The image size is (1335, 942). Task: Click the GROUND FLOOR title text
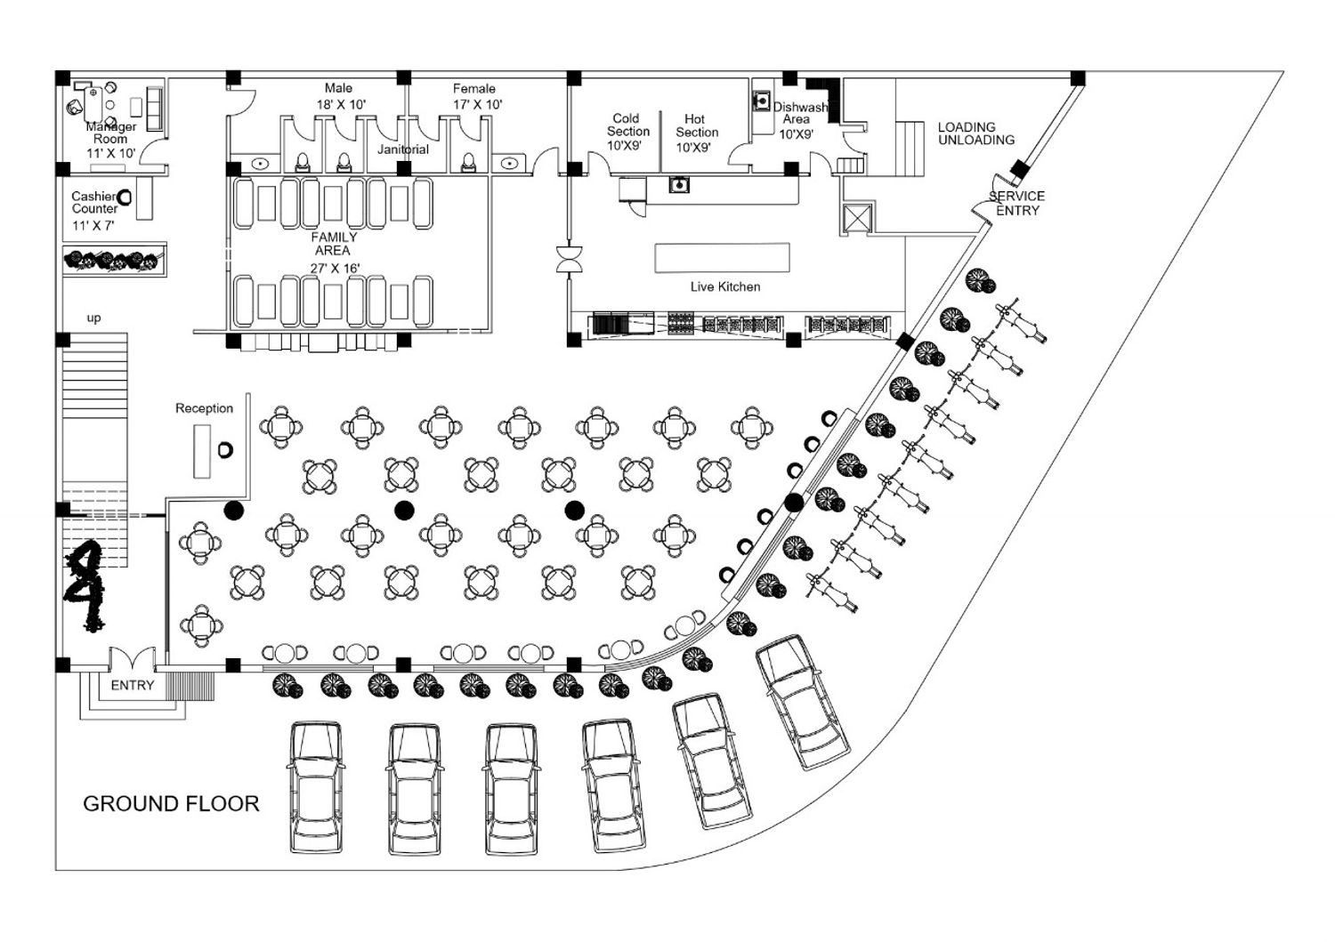coord(171,804)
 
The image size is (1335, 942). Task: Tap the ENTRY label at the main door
coord(133,686)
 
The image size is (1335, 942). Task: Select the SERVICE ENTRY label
coord(1017,203)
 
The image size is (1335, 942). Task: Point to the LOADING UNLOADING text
coord(975,133)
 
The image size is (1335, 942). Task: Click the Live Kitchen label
coord(725,286)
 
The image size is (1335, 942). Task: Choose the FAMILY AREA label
coord(334,244)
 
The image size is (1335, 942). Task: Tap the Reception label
coord(204,408)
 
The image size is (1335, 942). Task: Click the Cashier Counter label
coord(94,202)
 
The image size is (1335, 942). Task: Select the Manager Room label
coord(110,133)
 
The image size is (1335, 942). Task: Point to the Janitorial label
coord(402,149)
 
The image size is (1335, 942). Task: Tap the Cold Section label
coord(627,125)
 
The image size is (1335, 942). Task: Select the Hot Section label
coord(696,125)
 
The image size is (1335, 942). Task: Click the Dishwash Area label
coord(797,114)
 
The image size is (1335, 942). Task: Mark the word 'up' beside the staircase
coord(93,318)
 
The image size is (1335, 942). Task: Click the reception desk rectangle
coord(203,451)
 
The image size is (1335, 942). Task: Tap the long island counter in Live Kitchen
coord(722,257)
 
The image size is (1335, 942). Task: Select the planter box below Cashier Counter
coord(114,261)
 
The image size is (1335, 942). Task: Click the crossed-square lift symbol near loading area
coord(857,218)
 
